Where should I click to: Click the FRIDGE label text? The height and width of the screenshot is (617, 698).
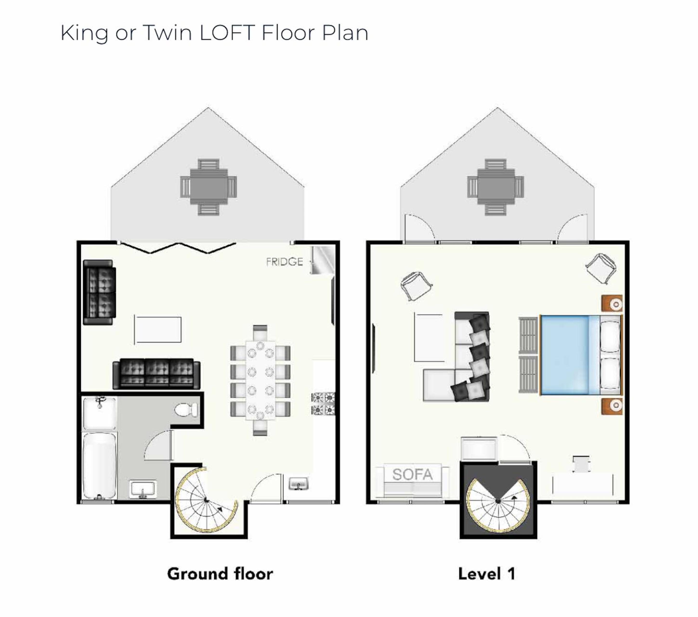(284, 262)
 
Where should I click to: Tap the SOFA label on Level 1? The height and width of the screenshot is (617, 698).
(412, 474)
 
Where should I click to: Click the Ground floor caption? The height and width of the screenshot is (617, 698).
(220, 574)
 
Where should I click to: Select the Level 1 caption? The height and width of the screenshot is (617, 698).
(487, 574)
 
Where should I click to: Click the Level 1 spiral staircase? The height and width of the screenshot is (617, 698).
(498, 501)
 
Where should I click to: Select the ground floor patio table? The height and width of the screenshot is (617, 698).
(208, 187)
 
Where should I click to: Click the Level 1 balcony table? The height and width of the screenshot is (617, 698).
(496, 187)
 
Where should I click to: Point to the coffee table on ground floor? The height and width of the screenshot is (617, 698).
(158, 329)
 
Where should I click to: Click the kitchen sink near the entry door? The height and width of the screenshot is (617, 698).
(299, 484)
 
